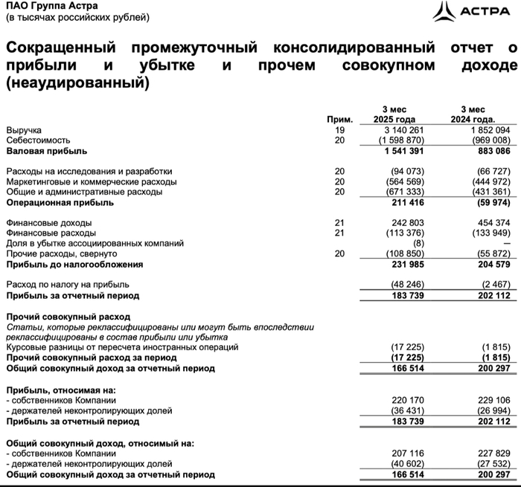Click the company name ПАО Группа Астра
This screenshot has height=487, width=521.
coord(42,5)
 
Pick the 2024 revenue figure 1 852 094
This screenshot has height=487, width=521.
coord(488,130)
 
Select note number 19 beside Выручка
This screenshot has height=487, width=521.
coord(340,130)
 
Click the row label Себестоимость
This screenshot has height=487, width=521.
coord(38,140)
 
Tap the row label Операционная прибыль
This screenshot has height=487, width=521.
coord(60,201)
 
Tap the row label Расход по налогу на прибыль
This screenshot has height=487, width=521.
coord(68,284)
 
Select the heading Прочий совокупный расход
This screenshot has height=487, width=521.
coord(63,316)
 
